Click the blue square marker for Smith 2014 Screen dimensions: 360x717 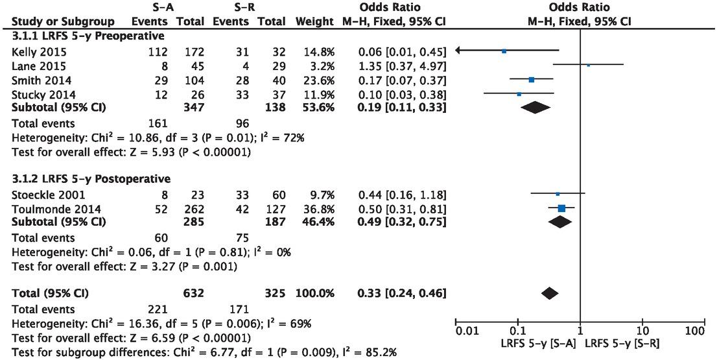(x=532, y=80)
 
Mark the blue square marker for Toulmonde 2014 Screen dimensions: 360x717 (x=561, y=208)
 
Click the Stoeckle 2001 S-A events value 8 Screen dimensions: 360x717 (x=165, y=194)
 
